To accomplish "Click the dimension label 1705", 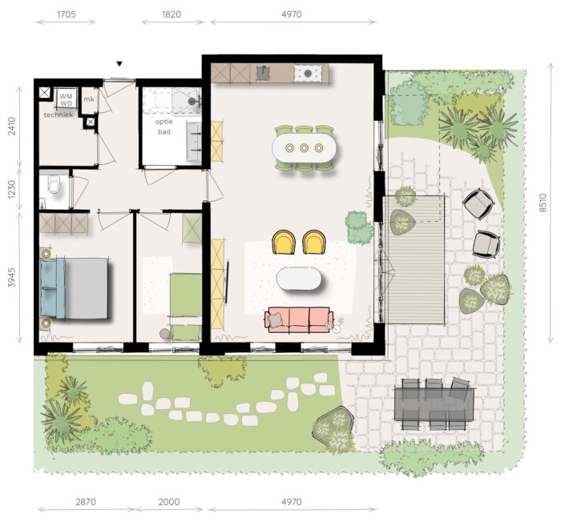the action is pyautogui.click(x=67, y=14).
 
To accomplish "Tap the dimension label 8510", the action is pyautogui.click(x=543, y=203).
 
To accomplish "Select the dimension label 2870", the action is pyautogui.click(x=86, y=502).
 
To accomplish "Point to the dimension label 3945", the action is pyautogui.click(x=12, y=277).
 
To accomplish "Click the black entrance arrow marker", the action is pyautogui.click(x=119, y=64).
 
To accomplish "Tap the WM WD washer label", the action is pyautogui.click(x=66, y=100).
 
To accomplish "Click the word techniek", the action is pyautogui.click(x=59, y=114).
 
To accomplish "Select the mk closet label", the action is pyautogui.click(x=89, y=99).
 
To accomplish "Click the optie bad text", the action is pyautogui.click(x=164, y=126).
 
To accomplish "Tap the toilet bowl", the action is pyautogui.click(x=54, y=185).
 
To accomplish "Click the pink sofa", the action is pyautogui.click(x=299, y=319).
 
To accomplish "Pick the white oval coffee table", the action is pyautogui.click(x=299, y=279).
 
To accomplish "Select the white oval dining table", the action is pyautogui.click(x=304, y=147).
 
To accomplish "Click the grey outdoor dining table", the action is pyautogui.click(x=434, y=404).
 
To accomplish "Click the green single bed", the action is pyautogui.click(x=185, y=307).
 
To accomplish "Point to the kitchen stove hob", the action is pyautogui.click(x=307, y=74).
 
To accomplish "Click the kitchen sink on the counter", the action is pyautogui.click(x=264, y=74).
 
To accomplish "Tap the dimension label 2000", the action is pyautogui.click(x=169, y=502).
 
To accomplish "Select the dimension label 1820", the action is pyautogui.click(x=172, y=14).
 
